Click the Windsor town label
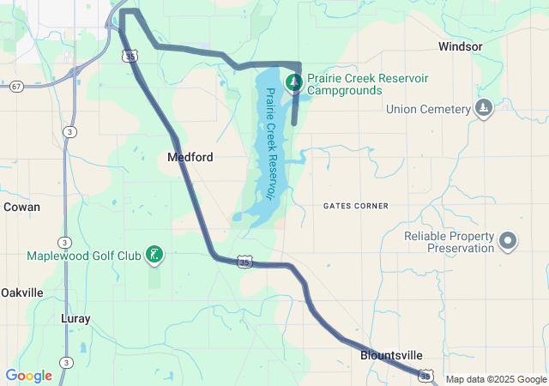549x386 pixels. pyautogui.click(x=460, y=46)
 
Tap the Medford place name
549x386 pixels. pyautogui.click(x=190, y=158)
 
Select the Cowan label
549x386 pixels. pyautogui.click(x=21, y=207)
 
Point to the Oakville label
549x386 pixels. pyautogui.click(x=21, y=293)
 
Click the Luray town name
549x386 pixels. pyautogui.click(x=75, y=318)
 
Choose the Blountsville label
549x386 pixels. pyautogui.click(x=391, y=355)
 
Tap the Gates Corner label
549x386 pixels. pyautogui.click(x=356, y=206)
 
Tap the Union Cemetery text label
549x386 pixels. pyautogui.click(x=428, y=109)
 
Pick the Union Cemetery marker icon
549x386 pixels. pyautogui.click(x=484, y=108)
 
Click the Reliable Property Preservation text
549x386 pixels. pyautogui.click(x=449, y=242)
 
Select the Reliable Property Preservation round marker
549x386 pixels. pyautogui.click(x=508, y=242)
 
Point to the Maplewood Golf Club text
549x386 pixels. pyautogui.click(x=83, y=256)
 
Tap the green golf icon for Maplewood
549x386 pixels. pyautogui.click(x=154, y=255)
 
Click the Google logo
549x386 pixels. pyautogui.click(x=28, y=376)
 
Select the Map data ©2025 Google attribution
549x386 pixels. pyautogui.click(x=495, y=379)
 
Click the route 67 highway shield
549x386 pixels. pyautogui.click(x=16, y=87)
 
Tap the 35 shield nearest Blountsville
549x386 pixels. pyautogui.click(x=425, y=375)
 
